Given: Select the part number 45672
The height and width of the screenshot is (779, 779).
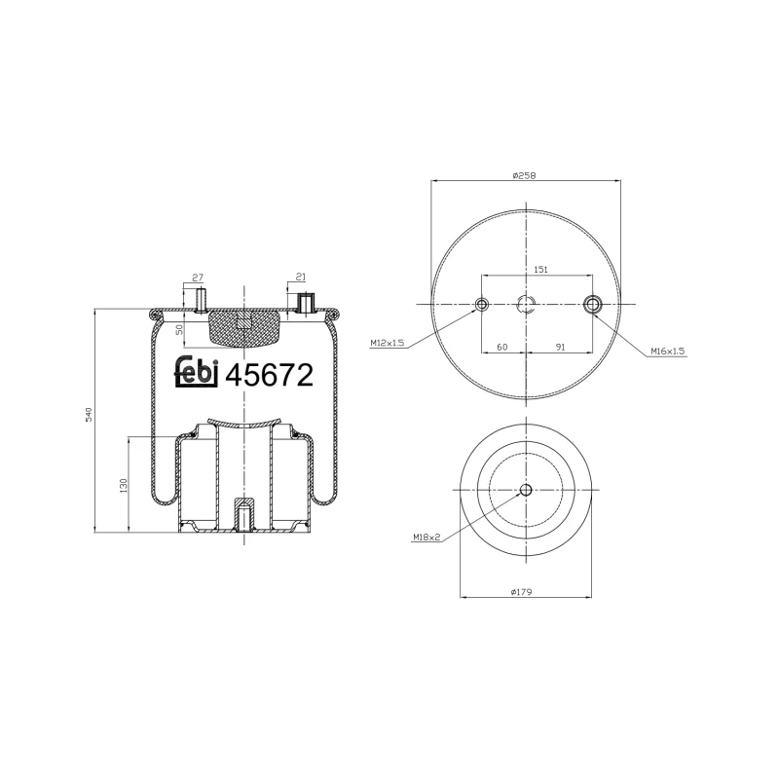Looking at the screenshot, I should click(269, 375).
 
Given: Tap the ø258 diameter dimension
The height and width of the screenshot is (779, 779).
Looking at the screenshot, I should click(525, 175).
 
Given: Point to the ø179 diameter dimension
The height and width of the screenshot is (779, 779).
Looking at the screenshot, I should click(525, 591).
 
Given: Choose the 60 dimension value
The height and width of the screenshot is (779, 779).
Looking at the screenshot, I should click(502, 346).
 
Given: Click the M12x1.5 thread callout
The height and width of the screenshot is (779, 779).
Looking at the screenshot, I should click(388, 343).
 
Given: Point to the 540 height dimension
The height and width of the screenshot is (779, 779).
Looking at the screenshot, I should click(88, 413).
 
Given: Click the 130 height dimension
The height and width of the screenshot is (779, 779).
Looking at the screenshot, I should click(122, 485).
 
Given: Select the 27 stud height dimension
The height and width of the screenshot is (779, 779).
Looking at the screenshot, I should click(198, 278).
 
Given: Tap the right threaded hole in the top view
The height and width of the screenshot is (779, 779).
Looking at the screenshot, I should click(592, 306).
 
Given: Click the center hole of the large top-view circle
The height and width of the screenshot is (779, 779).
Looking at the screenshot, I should click(526, 305).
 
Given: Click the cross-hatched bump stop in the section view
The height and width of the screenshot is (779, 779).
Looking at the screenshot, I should click(243, 327).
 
